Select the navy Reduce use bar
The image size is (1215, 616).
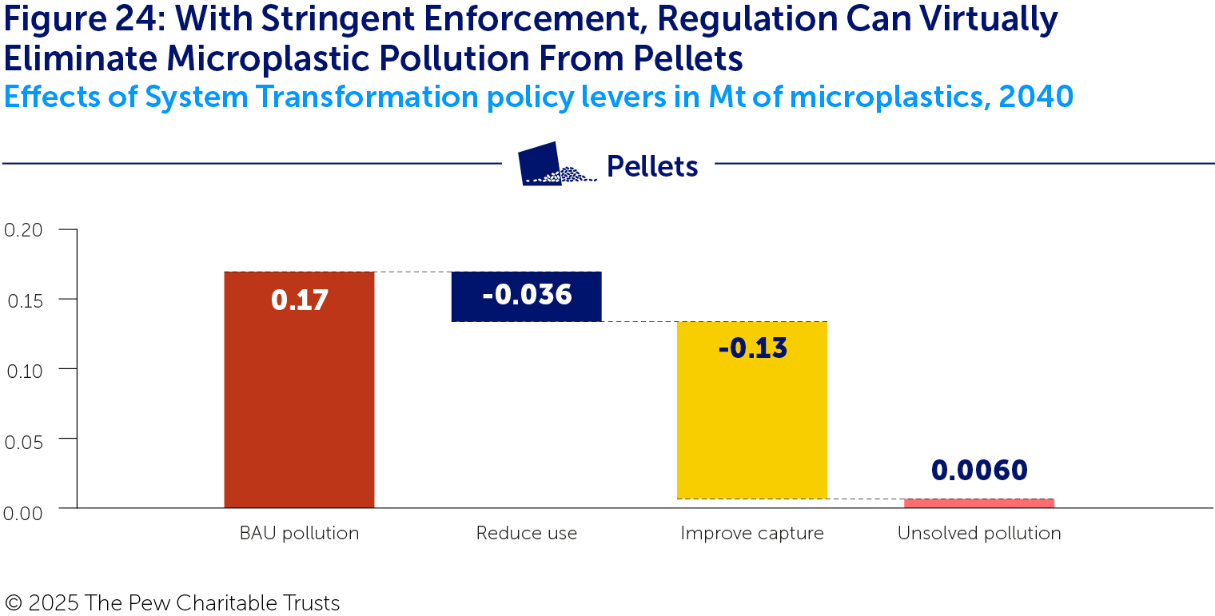(526, 296)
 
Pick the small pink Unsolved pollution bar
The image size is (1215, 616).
(978, 503)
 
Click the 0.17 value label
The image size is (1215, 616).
(299, 300)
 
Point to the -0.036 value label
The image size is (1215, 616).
(526, 295)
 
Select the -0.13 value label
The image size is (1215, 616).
(751, 348)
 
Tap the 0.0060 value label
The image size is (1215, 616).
(978, 471)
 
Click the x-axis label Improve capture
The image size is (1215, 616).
(751, 534)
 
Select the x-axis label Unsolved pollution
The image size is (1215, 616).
(978, 534)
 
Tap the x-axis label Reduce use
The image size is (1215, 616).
(526, 534)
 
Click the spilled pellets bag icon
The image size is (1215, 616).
(555, 165)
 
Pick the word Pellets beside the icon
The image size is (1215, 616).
(651, 166)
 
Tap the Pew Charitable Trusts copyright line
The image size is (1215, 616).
(172, 603)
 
